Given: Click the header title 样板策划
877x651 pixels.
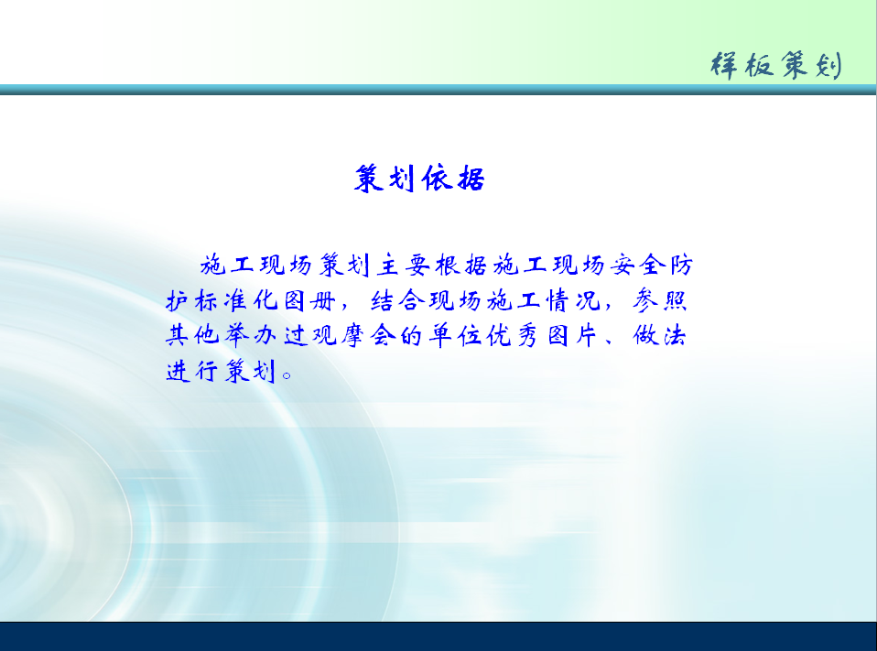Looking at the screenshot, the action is [775, 65].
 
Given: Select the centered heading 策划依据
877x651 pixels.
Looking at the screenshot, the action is [419, 179].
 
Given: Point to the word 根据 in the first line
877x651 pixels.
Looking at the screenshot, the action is [461, 265].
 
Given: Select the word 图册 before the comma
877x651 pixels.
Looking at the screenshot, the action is [309, 301].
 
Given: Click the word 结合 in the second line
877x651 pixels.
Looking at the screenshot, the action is [397, 301].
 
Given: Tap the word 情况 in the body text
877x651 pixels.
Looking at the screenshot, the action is [573, 301].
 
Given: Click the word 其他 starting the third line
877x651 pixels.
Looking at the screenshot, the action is [192, 335].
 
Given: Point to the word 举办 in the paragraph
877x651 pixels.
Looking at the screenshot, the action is [251, 335].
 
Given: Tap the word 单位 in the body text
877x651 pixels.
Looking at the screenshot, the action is [456, 335].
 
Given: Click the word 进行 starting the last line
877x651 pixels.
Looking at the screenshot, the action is [192, 371].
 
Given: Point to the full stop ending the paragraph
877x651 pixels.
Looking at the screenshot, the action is [287, 375].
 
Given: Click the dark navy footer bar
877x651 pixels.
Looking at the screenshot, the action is [438, 636].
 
